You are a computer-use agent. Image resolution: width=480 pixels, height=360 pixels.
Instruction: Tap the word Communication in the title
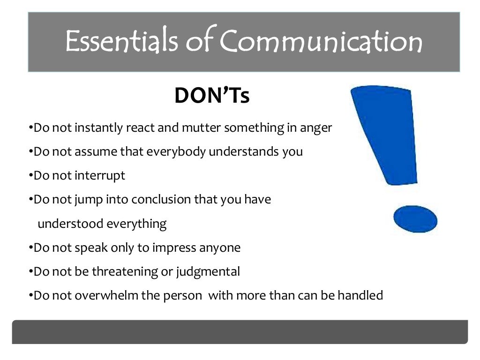[321, 41]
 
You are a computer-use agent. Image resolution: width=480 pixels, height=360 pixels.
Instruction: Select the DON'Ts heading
[212, 96]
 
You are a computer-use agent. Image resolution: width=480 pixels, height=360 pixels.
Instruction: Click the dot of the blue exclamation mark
[415, 219]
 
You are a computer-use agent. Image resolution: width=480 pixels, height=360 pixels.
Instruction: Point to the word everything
[136, 224]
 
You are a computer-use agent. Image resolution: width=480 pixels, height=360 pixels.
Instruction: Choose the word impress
[174, 247]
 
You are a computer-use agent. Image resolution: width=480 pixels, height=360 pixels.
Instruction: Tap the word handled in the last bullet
[362, 295]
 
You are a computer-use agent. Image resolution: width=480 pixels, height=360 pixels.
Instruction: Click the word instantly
[100, 128]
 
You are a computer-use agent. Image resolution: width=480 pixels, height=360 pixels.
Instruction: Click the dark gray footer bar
[240, 332]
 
